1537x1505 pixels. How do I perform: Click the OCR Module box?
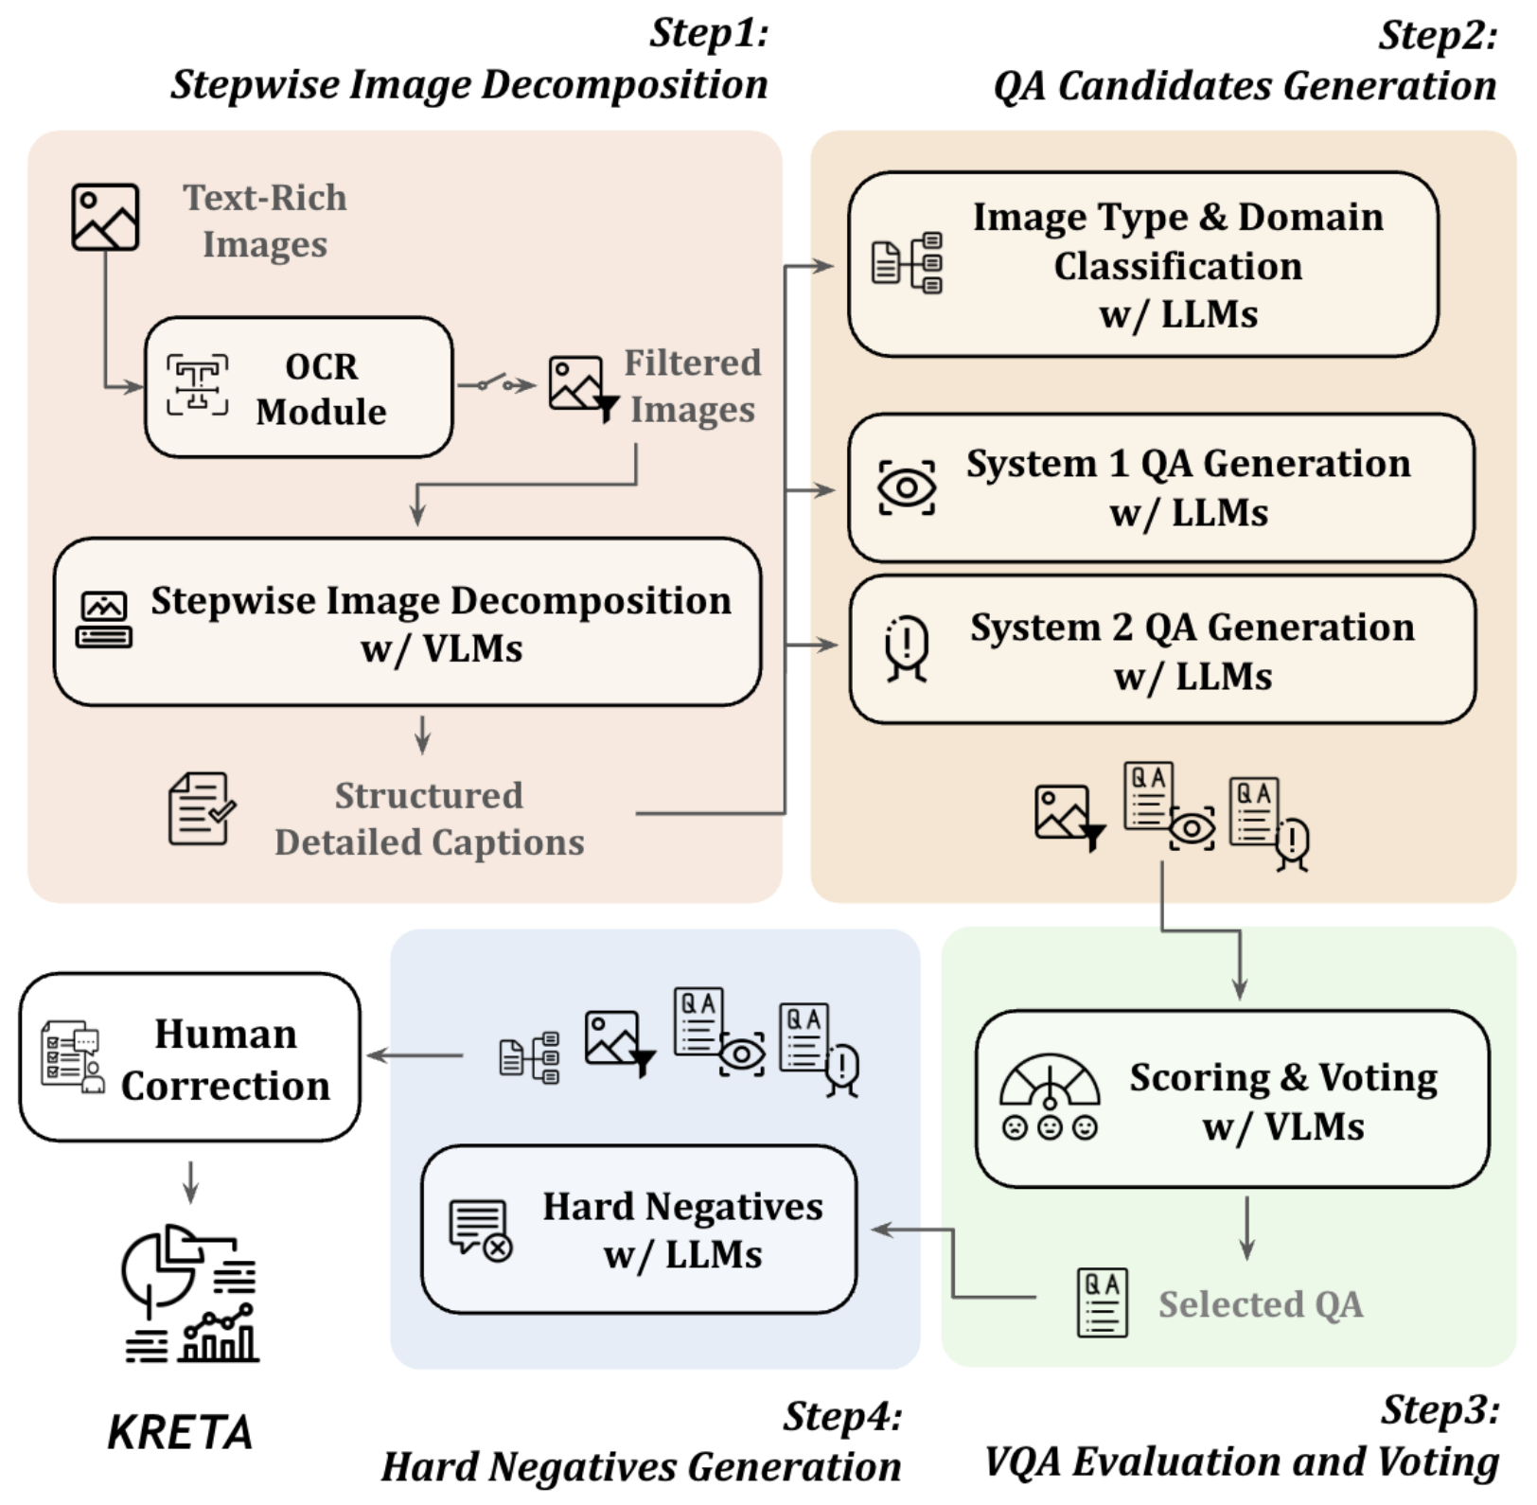[298, 388]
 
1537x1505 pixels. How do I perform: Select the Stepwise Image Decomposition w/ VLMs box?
[408, 623]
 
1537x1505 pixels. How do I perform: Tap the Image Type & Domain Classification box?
[1143, 265]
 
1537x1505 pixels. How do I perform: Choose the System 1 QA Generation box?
[1161, 487]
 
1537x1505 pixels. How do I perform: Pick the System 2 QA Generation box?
[1162, 650]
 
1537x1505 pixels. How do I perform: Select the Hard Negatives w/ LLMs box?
[639, 1230]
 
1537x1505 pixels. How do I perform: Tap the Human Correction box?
[190, 1058]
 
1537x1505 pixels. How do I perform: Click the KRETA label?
[180, 1432]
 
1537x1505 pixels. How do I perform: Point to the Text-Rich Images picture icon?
[105, 218]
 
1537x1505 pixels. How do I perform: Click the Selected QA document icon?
[1103, 1303]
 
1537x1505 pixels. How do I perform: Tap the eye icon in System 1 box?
[907, 487]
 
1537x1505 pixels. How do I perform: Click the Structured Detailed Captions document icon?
[201, 808]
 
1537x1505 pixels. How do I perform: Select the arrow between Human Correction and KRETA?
[190, 1181]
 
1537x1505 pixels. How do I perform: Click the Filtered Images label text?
[693, 386]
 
